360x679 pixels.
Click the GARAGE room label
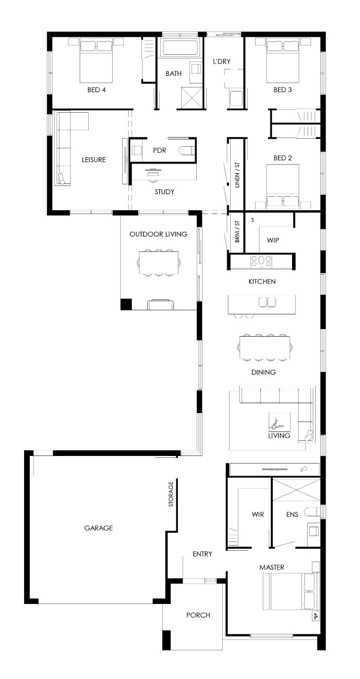[x=98, y=528]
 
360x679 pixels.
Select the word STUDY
[x=164, y=191]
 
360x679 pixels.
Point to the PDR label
[x=159, y=150]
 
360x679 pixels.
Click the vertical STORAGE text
[x=171, y=494]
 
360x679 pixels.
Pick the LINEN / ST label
[x=237, y=175]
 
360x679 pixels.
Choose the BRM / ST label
[x=237, y=231]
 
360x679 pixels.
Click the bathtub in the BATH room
[x=180, y=48]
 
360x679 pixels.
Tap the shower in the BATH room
[x=192, y=97]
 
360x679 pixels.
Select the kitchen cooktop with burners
[x=261, y=261]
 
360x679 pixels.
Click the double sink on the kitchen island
[x=267, y=302]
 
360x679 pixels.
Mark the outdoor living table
[x=159, y=262]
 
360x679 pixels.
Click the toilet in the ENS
[x=312, y=512]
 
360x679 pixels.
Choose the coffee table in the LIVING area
[x=279, y=422]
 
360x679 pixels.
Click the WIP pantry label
[x=273, y=240]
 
